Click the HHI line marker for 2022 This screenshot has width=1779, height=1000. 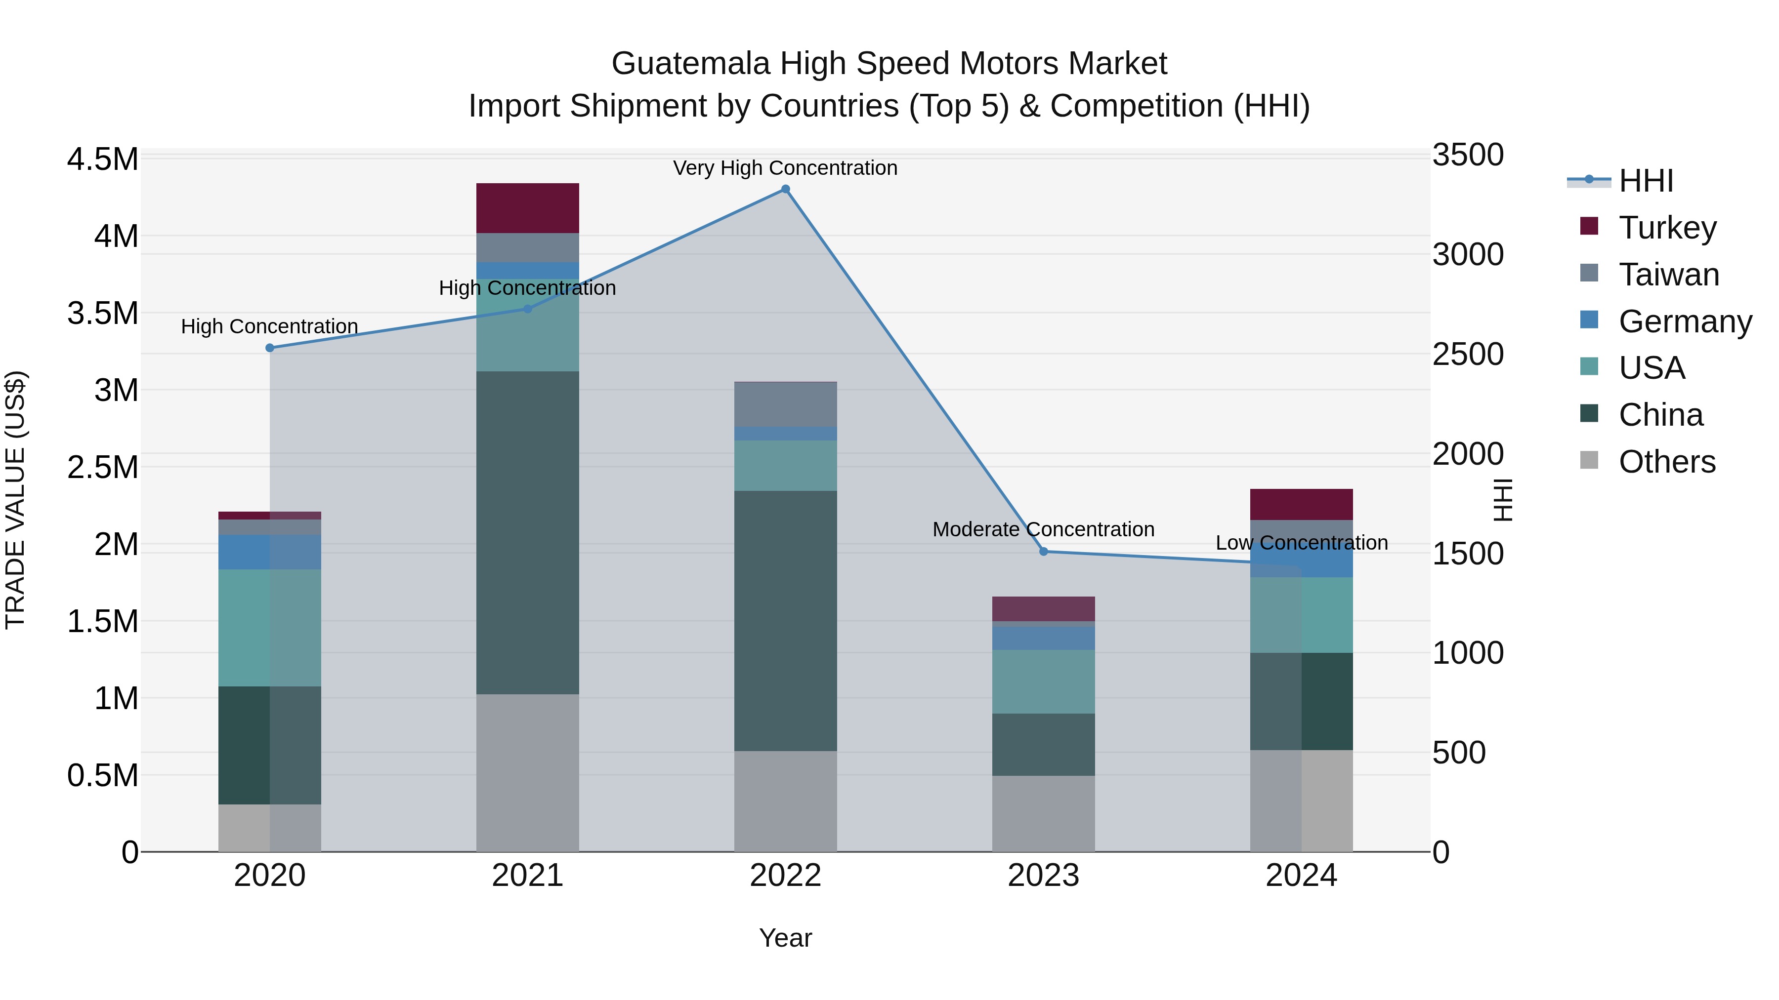(785, 189)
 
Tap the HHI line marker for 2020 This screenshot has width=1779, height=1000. (270, 348)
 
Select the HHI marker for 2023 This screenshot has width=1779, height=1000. (1044, 552)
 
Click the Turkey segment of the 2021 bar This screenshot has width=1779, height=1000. (528, 208)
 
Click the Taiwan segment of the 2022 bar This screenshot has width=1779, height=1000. (785, 404)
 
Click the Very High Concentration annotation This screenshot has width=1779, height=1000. (785, 168)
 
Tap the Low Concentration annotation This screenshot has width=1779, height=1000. (1301, 543)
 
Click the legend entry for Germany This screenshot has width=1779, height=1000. (1685, 321)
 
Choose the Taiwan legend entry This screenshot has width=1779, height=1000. (1668, 275)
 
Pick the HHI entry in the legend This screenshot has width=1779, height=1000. (1646, 181)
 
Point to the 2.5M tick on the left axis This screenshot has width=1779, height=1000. (102, 467)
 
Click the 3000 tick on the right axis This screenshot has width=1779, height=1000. (1468, 255)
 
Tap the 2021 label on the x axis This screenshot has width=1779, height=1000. (528, 876)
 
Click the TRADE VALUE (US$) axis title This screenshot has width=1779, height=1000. (15, 500)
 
